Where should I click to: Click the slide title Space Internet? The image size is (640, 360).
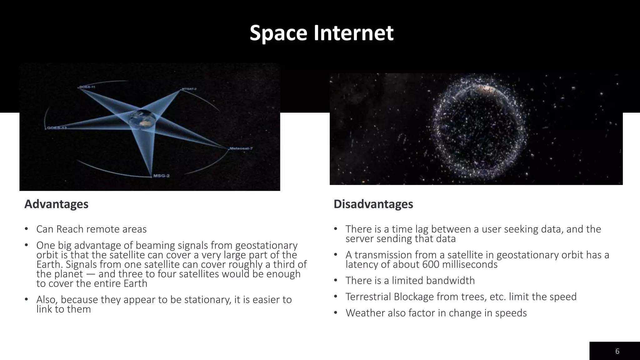click(321, 33)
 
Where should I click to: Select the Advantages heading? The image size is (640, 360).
click(56, 204)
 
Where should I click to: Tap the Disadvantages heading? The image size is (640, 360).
click(373, 204)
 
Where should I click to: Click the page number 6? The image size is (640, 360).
click(617, 351)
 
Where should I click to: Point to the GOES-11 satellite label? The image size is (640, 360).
click(87, 87)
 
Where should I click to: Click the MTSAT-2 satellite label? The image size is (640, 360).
click(189, 89)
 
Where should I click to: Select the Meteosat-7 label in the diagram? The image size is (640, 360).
click(241, 148)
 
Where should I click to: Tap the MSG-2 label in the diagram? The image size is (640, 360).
click(161, 176)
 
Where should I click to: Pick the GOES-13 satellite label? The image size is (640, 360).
click(57, 128)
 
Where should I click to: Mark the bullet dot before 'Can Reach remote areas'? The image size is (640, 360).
click(27, 229)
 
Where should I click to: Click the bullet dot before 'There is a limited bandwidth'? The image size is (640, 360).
click(336, 280)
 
